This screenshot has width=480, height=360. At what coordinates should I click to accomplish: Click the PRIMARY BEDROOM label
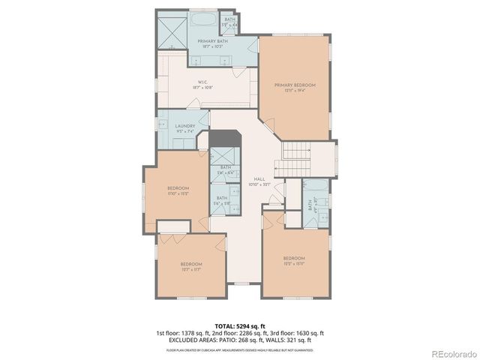tap(294, 85)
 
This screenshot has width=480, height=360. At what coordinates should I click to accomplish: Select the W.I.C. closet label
tap(202, 82)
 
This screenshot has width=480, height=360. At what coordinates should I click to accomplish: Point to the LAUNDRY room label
tap(185, 126)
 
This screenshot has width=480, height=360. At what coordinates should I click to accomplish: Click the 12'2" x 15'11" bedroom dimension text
tap(294, 263)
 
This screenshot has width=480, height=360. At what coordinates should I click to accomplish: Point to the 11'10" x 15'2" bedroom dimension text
tap(177, 193)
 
